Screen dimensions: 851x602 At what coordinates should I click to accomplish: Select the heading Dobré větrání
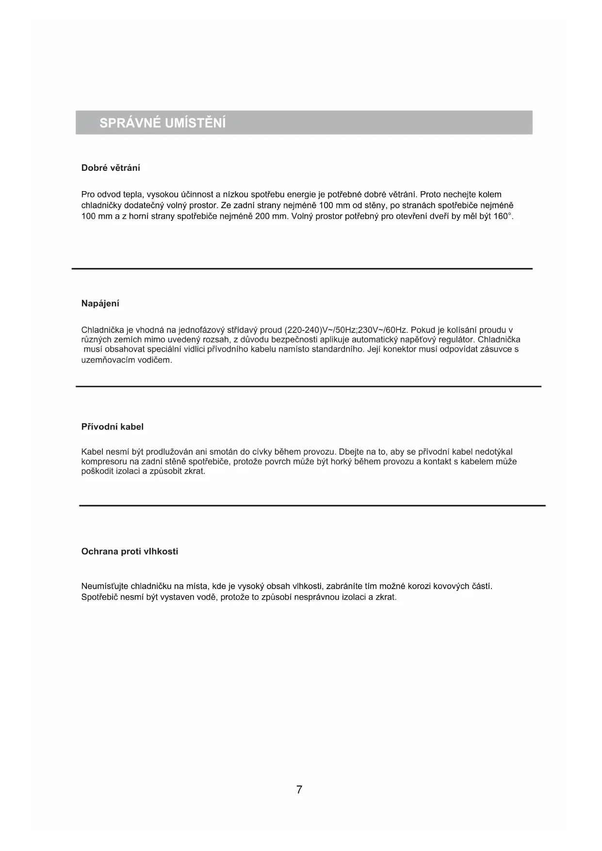[x=111, y=168]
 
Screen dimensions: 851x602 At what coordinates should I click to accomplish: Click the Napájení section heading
[x=100, y=304]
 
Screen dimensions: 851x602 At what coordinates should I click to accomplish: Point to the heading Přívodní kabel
[x=112, y=427]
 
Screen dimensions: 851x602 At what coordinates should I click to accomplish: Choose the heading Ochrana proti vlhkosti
[x=130, y=552]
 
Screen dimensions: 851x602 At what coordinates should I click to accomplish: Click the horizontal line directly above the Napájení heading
[x=302, y=269]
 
